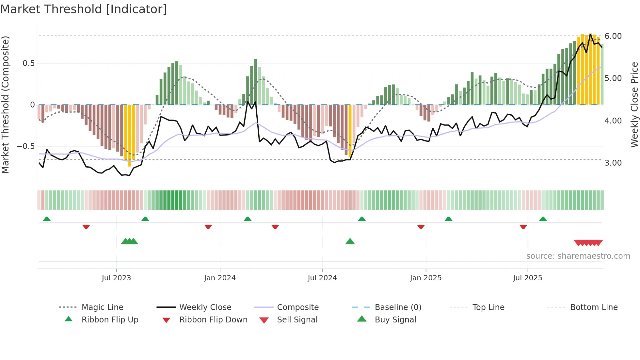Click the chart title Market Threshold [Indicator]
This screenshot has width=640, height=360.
(84, 9)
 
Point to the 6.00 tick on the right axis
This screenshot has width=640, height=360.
(613, 36)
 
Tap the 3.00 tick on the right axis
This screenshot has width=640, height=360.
(613, 163)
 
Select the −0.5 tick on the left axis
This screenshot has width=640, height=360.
(26, 146)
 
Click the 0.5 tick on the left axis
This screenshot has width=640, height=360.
(28, 63)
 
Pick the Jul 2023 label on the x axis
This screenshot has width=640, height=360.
(116, 278)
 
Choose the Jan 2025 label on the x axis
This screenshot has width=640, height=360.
(425, 278)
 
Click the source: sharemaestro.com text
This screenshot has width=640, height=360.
(578, 256)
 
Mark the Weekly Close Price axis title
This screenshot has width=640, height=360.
(634, 105)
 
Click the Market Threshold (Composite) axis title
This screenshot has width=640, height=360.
(6, 105)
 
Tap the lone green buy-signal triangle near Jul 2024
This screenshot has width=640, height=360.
(350, 241)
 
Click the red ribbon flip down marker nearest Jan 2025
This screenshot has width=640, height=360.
(421, 227)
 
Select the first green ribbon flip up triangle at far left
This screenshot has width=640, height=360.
(47, 219)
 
